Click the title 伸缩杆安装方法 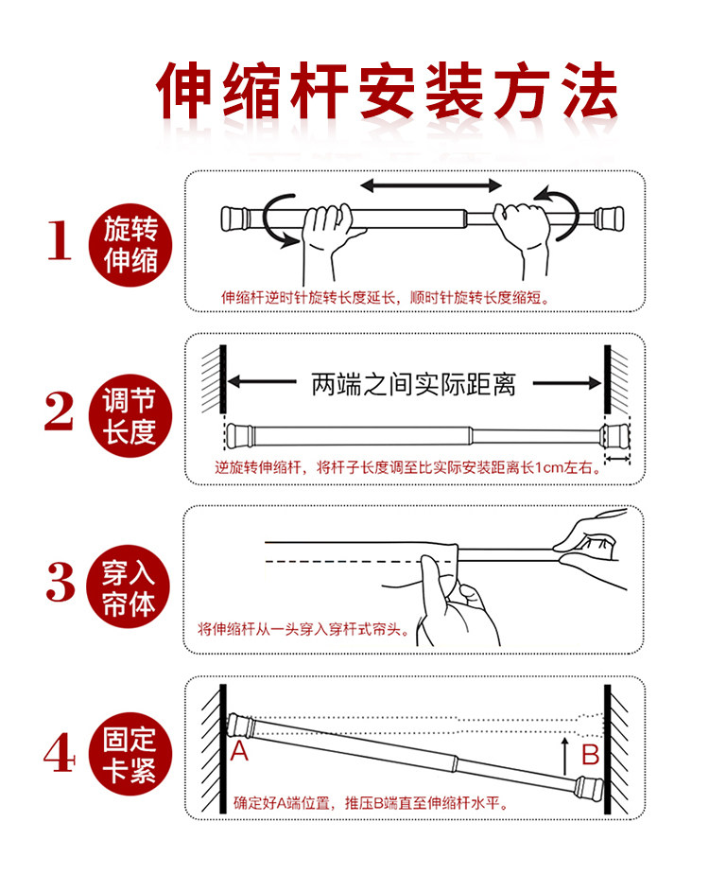click(x=388, y=91)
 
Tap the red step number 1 click(x=60, y=240)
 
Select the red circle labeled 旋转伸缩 click(x=130, y=245)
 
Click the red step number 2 click(x=60, y=411)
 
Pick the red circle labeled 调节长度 click(x=130, y=415)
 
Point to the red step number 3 click(x=61, y=582)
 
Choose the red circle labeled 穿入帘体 click(x=129, y=586)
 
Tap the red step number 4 click(x=60, y=752)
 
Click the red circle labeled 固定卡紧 click(x=130, y=754)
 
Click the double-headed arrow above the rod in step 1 click(x=431, y=184)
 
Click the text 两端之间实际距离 click(x=413, y=384)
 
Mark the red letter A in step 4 click(x=239, y=751)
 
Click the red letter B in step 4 click(x=591, y=754)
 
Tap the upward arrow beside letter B click(x=564, y=756)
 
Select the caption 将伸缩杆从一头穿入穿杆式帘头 click(x=304, y=629)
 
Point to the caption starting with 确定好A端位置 click(x=371, y=803)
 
